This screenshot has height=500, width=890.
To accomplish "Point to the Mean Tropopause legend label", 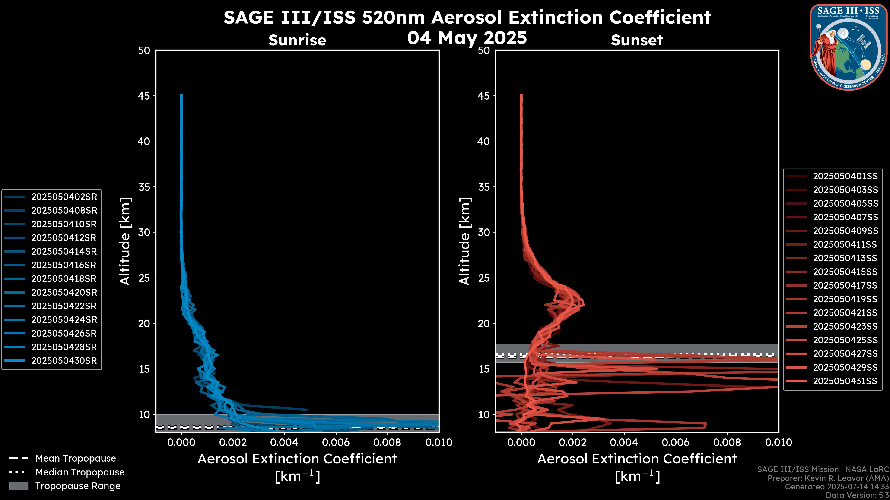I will click(76, 458).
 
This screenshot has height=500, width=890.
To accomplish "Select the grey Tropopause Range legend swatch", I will click(18, 486).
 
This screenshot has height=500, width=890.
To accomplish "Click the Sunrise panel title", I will click(297, 40).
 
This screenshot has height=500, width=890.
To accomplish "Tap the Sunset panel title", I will click(637, 40).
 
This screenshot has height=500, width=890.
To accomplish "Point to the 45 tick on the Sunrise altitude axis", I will click(144, 96).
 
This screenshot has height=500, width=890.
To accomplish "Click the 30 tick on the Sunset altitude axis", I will click(484, 232).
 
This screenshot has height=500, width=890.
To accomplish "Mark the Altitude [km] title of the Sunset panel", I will click(465, 241).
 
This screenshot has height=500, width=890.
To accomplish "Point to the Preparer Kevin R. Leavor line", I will click(828, 478).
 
